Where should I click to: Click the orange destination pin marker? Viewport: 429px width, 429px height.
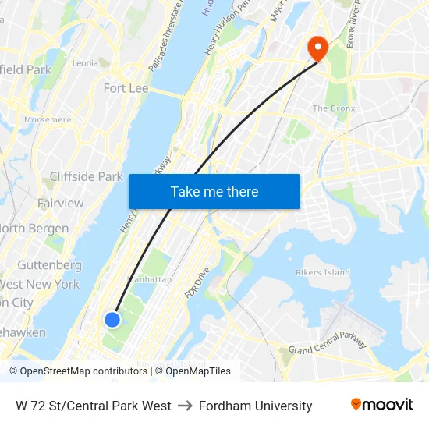(x=317, y=48)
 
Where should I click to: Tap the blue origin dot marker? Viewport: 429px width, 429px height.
(x=112, y=319)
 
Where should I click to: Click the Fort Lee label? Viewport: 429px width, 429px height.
(x=126, y=88)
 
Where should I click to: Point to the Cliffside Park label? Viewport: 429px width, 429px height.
(x=86, y=176)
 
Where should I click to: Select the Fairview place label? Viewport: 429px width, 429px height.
(x=60, y=203)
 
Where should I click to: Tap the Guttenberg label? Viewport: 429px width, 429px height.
(x=49, y=265)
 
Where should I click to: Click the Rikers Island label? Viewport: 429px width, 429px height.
(x=322, y=272)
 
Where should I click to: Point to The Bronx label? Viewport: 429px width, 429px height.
(x=333, y=108)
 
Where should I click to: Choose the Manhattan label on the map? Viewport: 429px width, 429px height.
(x=147, y=279)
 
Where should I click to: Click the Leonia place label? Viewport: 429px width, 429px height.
(x=84, y=62)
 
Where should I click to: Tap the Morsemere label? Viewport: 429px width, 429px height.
(x=48, y=120)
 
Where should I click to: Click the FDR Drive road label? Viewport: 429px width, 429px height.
(x=197, y=282)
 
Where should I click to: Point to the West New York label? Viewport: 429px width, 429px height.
(x=39, y=285)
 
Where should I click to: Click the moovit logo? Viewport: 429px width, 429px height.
(x=382, y=405)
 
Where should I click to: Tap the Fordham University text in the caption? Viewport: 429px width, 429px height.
(x=255, y=406)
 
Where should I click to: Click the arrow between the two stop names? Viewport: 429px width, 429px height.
(x=185, y=406)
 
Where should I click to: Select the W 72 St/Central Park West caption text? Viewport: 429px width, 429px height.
(x=94, y=406)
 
